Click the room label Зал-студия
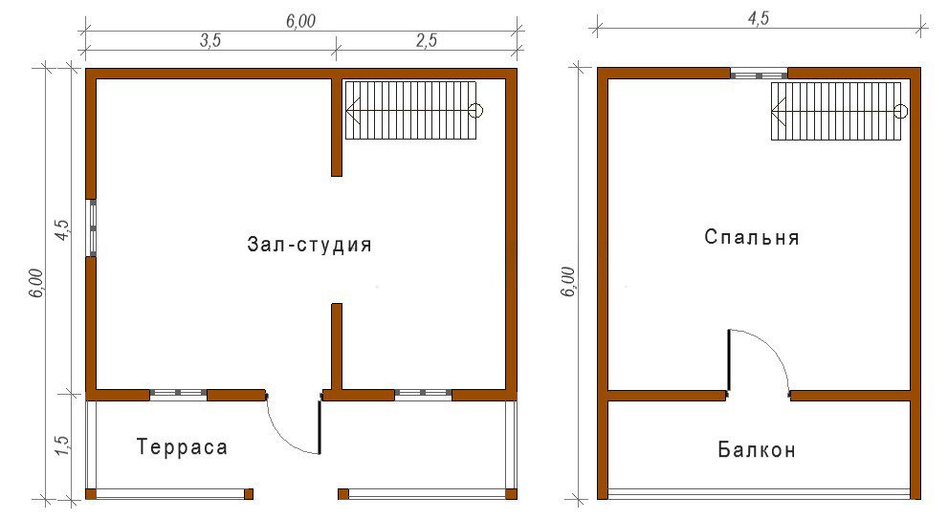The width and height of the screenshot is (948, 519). click(309, 244)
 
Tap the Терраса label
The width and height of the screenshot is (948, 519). click(182, 447)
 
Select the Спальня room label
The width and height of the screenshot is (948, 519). click(752, 237)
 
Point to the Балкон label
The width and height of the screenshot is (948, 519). click(757, 449)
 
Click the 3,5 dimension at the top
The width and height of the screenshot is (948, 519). click(210, 40)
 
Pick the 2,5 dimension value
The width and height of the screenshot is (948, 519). click(427, 40)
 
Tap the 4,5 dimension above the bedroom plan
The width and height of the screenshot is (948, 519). click(759, 18)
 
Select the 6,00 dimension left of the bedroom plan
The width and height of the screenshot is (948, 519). click(568, 282)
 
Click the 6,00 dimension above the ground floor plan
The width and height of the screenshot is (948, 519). click(300, 21)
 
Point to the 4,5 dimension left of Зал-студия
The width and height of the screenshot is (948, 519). click(63, 230)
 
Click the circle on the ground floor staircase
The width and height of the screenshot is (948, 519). click(476, 111)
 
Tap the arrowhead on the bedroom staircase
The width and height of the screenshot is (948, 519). click(778, 111)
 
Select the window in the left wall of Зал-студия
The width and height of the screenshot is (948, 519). click(92, 227)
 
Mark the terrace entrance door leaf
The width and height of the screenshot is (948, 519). click(320, 424)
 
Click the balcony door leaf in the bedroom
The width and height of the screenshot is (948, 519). click(729, 360)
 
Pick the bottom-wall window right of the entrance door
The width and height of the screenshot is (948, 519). click(423, 395)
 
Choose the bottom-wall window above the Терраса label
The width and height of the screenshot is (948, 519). click(178, 395)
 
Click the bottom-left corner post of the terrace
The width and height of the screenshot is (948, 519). click(91, 494)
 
